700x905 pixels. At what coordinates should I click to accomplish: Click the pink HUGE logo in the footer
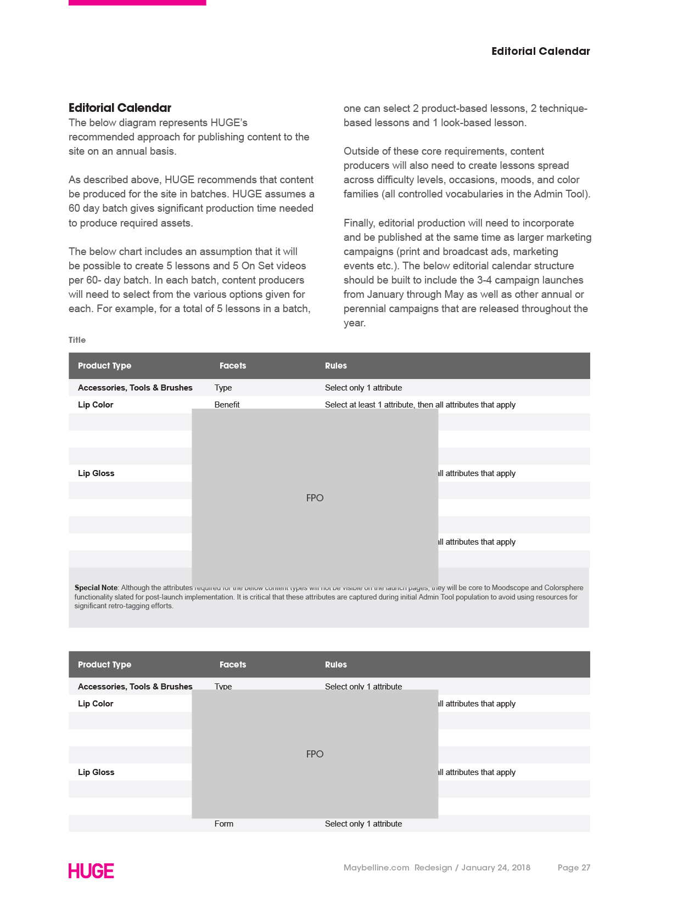point(91,870)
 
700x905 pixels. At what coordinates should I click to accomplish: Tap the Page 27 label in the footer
point(574,867)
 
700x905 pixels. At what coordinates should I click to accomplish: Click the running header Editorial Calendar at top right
point(540,51)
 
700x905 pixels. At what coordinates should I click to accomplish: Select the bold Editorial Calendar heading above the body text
point(120,108)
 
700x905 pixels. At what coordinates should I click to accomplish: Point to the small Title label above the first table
point(77,340)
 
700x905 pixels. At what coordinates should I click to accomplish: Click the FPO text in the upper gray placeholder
point(315,498)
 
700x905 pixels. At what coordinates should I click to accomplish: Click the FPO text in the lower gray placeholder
point(315,754)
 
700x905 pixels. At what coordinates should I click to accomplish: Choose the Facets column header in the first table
point(233,366)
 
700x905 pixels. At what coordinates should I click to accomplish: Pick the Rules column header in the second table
point(336,665)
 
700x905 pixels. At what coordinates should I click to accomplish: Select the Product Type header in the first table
point(104,366)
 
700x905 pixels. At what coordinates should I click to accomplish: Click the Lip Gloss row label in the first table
point(96,473)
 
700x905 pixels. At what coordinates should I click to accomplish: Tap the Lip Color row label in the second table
point(96,704)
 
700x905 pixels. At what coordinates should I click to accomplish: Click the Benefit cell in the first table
point(227,404)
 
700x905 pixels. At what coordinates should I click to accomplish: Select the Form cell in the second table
point(224,824)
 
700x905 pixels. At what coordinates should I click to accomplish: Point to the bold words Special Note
point(96,588)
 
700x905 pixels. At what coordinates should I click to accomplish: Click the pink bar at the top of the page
point(137,3)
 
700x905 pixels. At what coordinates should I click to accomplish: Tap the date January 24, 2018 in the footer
point(496,867)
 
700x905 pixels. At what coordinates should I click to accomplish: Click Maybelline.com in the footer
point(377,867)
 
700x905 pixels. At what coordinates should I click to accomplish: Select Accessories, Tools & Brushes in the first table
point(135,388)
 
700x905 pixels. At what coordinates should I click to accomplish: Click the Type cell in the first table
point(223,388)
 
